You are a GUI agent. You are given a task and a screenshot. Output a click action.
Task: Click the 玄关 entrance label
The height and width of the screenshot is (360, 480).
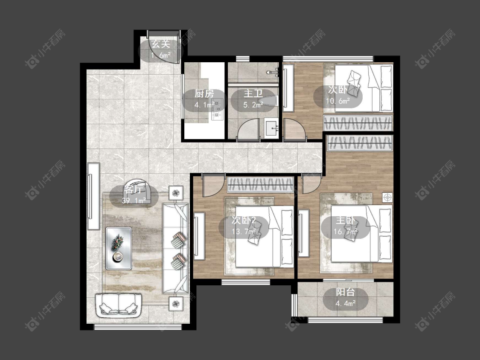coord(161,44)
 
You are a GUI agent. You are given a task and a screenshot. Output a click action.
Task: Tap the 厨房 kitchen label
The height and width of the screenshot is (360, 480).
coord(204,93)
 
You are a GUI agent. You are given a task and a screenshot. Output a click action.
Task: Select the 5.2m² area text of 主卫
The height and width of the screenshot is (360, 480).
coord(253,105)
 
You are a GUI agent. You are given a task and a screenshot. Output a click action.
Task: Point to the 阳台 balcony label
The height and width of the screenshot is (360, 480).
coord(345,292)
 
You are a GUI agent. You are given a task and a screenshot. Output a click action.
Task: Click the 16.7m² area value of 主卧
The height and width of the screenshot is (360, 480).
coord(345,232)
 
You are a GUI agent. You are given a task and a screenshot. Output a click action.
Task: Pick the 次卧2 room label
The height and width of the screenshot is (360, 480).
coord(244,220)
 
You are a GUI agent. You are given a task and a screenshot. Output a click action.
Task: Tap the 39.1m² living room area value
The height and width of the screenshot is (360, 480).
coord(134,201)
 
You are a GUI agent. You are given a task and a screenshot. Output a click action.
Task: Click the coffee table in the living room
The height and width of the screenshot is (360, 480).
coord(119,248)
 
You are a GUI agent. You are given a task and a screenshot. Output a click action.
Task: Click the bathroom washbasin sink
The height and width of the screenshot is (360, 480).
coord(271,128)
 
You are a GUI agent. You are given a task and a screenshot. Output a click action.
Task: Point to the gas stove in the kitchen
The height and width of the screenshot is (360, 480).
coord(217,109)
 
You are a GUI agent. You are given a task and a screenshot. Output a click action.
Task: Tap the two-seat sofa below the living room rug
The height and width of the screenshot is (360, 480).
coord(119,306)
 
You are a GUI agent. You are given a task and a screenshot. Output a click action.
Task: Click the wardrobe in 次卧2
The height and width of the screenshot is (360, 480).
coord(260,185)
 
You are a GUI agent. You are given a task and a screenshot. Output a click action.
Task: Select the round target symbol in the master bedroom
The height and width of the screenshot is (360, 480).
coord(387,197)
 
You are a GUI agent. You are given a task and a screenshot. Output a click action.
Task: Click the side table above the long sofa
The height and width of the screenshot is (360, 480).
coord(176,193)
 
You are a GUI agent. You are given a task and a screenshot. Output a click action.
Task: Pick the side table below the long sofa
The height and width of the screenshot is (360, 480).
coord(176,304)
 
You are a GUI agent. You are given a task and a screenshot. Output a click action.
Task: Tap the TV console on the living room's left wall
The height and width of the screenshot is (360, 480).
coord(94,196)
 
